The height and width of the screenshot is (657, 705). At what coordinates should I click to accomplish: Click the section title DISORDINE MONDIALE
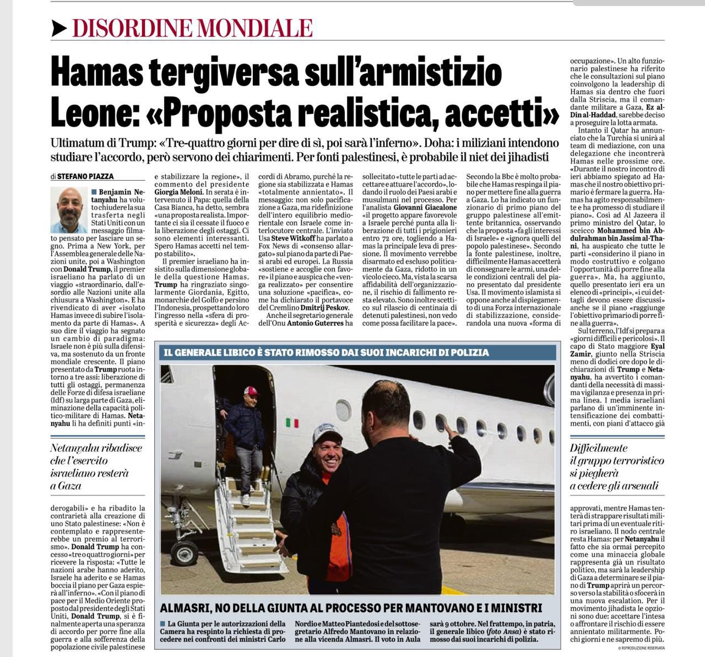pos(192,28)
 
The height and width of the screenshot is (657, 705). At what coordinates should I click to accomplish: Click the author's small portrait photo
pos(68,210)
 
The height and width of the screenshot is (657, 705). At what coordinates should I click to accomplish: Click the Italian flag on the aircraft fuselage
pos(292,423)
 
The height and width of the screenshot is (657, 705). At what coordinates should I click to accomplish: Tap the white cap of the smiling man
pos(327,432)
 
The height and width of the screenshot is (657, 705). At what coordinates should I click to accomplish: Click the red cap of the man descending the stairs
pos(251,391)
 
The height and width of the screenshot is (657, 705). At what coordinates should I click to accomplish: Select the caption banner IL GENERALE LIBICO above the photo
pos(326,352)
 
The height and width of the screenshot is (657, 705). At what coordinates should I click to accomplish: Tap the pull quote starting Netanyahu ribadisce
pos(96,466)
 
